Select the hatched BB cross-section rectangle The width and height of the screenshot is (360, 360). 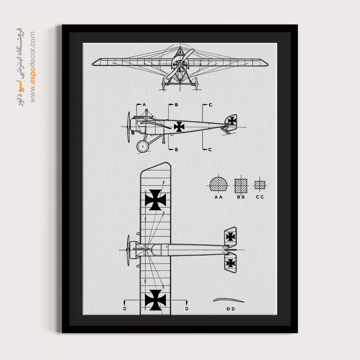241,186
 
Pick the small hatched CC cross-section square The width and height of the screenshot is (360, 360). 260,185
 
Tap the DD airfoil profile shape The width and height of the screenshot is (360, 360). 229,300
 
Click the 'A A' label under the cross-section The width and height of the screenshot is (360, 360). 218,197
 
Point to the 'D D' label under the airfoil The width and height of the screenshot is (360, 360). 231,309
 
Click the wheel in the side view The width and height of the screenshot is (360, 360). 143,146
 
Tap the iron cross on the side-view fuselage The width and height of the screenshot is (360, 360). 179,126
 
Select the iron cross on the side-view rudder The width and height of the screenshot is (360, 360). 232,121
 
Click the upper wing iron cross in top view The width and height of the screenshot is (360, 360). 156,200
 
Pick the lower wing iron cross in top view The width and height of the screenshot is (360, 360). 156,300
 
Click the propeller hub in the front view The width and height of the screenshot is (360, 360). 180,65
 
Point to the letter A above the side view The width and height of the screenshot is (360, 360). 144,105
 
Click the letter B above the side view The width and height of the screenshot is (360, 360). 176,105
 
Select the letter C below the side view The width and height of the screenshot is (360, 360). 210,150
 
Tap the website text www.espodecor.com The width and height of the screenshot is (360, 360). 33,67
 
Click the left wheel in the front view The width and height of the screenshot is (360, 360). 164,84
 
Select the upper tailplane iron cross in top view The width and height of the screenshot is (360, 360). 230,236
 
